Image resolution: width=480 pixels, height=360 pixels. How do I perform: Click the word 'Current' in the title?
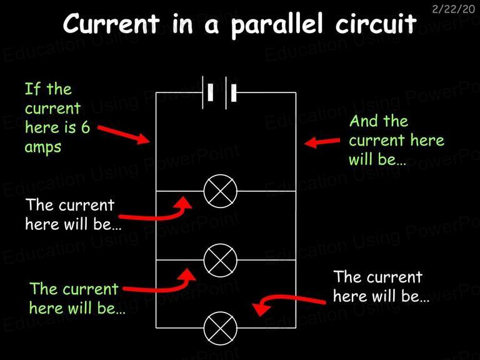[111, 23]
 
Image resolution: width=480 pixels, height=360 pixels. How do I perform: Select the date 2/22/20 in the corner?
[453, 9]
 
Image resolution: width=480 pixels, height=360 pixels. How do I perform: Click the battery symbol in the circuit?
[219, 92]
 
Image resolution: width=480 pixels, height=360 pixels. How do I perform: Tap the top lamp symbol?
[221, 191]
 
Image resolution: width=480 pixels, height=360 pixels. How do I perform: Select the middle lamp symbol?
[221, 260]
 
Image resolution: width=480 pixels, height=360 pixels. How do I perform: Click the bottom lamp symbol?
[221, 329]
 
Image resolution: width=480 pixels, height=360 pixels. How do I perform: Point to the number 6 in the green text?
[86, 127]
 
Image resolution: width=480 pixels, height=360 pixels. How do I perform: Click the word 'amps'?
[43, 147]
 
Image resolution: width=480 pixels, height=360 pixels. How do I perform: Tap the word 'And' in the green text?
[363, 121]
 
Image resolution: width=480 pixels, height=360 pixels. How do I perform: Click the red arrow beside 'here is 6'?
[124, 135]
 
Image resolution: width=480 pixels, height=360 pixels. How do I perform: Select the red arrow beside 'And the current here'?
[322, 142]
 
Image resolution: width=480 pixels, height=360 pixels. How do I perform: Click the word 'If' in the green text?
[32, 89]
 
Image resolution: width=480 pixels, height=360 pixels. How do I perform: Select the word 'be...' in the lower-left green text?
[111, 308]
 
